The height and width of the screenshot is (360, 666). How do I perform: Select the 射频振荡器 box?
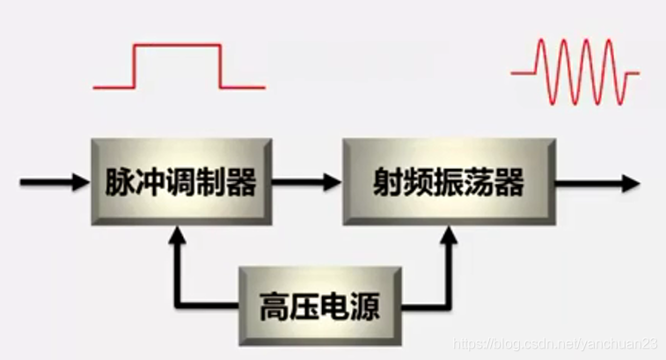point(450,182)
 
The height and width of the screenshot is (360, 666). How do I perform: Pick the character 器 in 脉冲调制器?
point(239,183)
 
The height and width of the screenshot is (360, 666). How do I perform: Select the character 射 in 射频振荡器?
point(388,183)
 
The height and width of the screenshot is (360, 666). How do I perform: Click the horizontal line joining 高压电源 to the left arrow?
point(211,305)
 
